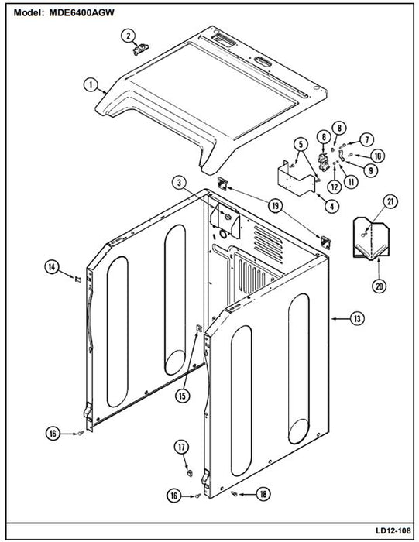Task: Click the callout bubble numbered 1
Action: (91, 84)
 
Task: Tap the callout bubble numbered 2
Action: (129, 36)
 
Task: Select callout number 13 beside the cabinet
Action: (357, 318)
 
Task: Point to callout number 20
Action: (380, 286)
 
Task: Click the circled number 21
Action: (390, 202)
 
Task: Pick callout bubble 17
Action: (181, 447)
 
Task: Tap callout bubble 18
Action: (263, 494)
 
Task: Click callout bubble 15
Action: (182, 396)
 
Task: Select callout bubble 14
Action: (52, 267)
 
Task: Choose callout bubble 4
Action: (332, 207)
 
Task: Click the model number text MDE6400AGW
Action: (81, 13)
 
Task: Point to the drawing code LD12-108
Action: (393, 530)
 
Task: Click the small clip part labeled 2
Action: (141, 49)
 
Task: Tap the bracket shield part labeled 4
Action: (297, 178)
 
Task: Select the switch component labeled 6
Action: (323, 162)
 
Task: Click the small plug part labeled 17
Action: (190, 473)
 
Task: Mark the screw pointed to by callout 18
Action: (234, 493)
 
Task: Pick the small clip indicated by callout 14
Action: (78, 279)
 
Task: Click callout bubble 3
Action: (179, 183)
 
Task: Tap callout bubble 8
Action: (339, 129)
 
